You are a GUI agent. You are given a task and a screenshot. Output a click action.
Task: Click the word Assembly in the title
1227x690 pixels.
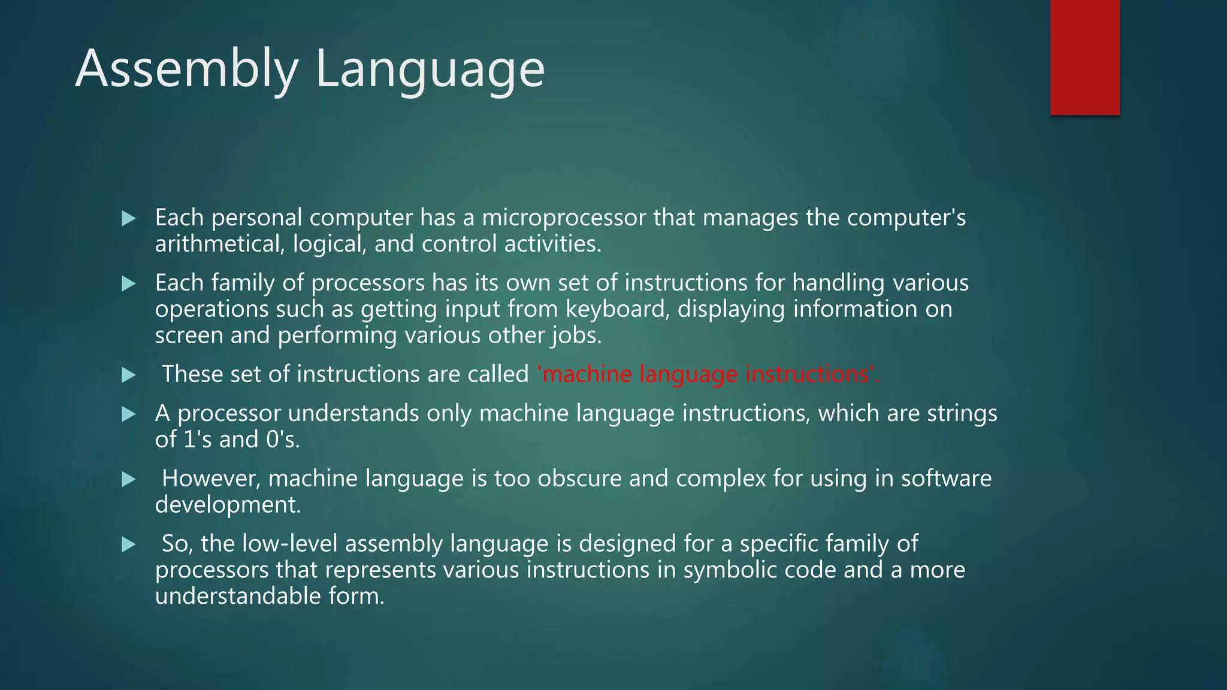tap(186, 69)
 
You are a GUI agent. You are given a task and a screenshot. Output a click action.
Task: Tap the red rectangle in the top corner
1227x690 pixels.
tap(1084, 57)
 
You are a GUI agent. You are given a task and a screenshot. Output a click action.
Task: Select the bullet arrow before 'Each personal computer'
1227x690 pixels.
tap(128, 219)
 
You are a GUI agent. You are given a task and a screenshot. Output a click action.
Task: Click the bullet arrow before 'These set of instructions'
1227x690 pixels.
tap(128, 375)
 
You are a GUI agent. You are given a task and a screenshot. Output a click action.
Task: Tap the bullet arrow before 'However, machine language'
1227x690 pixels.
tap(128, 479)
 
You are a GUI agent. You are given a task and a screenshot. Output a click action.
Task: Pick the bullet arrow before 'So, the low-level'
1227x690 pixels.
tap(128, 544)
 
